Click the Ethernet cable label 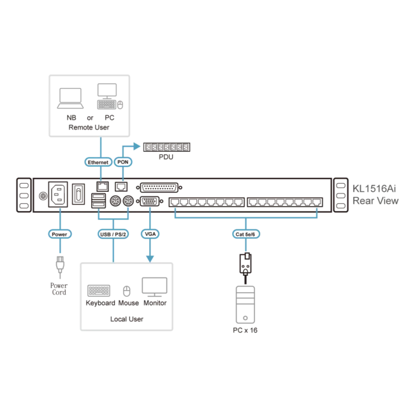click(98, 162)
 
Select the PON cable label click(123, 162)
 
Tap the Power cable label click(59, 234)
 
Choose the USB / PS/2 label click(113, 234)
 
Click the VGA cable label click(150, 234)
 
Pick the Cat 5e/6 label click(245, 234)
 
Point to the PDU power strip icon click(166, 147)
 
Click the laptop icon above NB click(70, 98)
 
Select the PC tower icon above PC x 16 click(245, 305)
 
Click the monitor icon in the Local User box click(155, 287)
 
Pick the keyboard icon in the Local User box click(99, 291)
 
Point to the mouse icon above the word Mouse click(127, 291)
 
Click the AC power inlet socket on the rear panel click(58, 194)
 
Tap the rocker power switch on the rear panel click(78, 194)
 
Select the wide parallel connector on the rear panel click(159, 188)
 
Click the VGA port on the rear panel click(150, 201)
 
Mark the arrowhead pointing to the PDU click(137, 146)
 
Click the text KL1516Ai click(374, 189)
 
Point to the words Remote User click(89, 127)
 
